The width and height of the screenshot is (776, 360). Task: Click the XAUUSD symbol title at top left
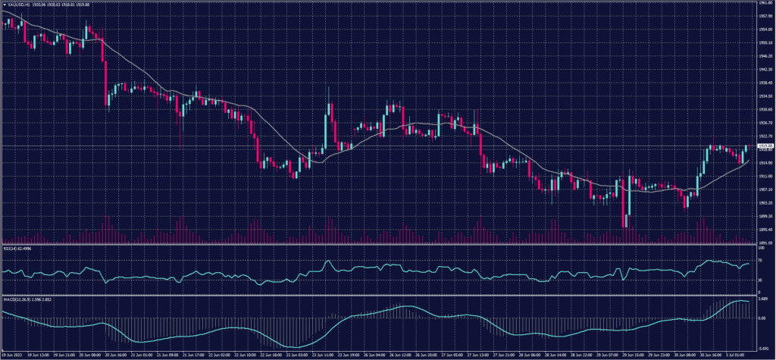point(17,5)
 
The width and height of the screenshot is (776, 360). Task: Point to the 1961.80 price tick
point(765,3)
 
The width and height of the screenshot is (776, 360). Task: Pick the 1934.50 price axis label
point(765,96)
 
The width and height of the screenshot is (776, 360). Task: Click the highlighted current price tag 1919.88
point(765,146)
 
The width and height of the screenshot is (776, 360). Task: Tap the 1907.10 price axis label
point(765,189)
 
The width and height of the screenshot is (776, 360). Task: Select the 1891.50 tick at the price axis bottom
point(765,243)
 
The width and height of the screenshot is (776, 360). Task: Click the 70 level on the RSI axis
point(760,261)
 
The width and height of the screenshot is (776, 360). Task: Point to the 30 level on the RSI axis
point(760,280)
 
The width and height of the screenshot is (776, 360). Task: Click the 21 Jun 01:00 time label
point(142,354)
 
